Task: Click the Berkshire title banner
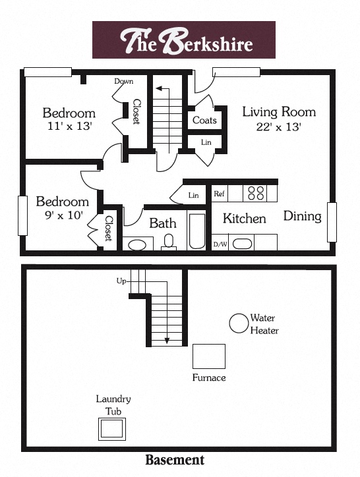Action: pyautogui.click(x=183, y=40)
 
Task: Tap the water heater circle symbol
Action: pyautogui.click(x=238, y=323)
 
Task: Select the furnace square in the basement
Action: pyautogui.click(x=209, y=356)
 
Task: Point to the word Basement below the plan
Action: pyautogui.click(x=174, y=460)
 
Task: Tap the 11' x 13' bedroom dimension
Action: pyautogui.click(x=69, y=126)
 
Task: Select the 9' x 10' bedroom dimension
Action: pyautogui.click(x=62, y=215)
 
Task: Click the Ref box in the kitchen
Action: pyautogui.click(x=219, y=194)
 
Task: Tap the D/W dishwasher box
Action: pyautogui.click(x=220, y=244)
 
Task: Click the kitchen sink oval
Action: pyautogui.click(x=243, y=243)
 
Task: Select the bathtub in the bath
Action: pyautogui.click(x=197, y=231)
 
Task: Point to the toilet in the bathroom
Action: pyautogui.click(x=169, y=242)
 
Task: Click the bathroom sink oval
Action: pyautogui.click(x=138, y=245)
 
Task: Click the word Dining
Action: pyautogui.click(x=302, y=216)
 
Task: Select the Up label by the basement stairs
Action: pyautogui.click(x=121, y=281)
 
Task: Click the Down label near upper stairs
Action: pyautogui.click(x=123, y=81)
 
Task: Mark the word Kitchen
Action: pyautogui.click(x=244, y=219)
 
